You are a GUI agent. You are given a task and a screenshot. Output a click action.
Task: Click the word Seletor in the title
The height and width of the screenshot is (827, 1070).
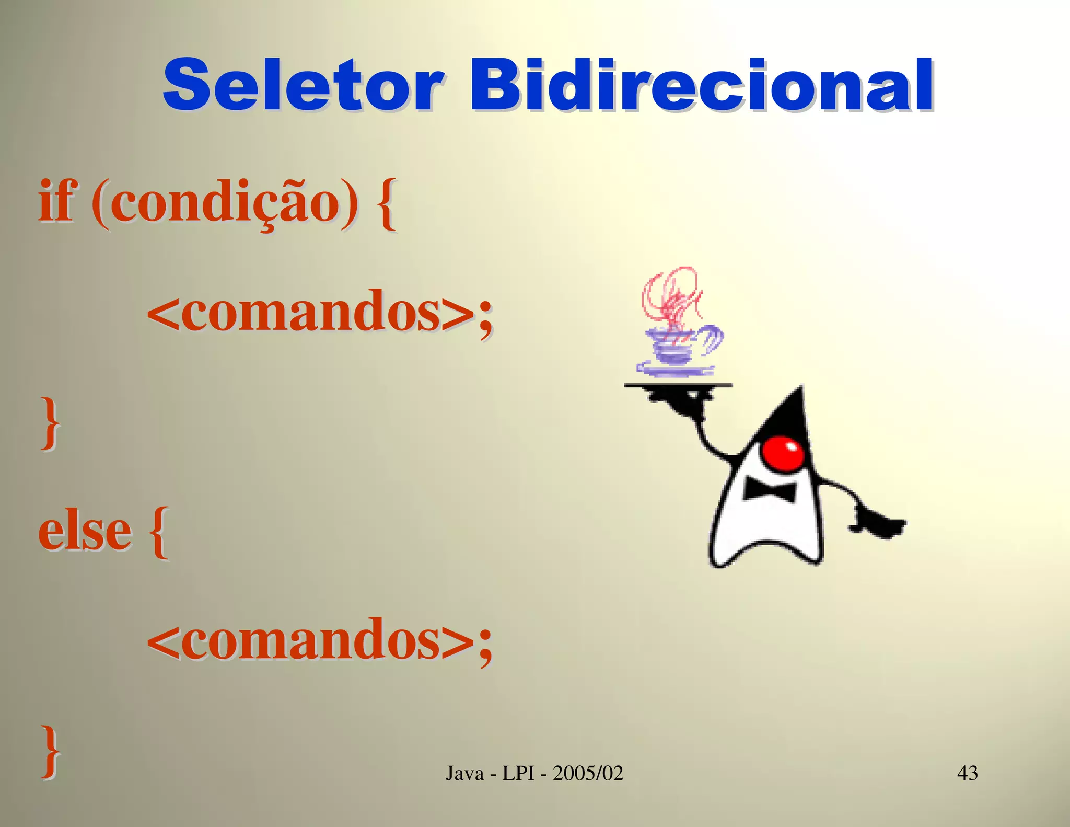coord(303,86)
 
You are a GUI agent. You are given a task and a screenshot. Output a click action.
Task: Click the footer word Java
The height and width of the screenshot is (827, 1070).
coord(465,773)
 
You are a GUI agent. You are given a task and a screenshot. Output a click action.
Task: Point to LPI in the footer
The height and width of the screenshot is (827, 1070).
coord(519,773)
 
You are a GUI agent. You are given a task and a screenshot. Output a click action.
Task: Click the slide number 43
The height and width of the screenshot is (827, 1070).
coord(967,773)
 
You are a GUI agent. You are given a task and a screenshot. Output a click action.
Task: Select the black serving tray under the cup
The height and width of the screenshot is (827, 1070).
coord(678,386)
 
